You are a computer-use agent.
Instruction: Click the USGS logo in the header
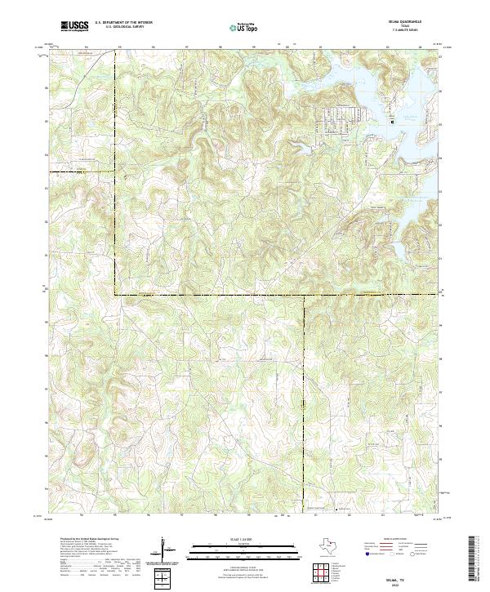75,26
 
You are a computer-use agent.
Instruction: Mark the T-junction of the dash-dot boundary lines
305,294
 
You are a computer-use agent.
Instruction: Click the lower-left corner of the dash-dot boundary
115,294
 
